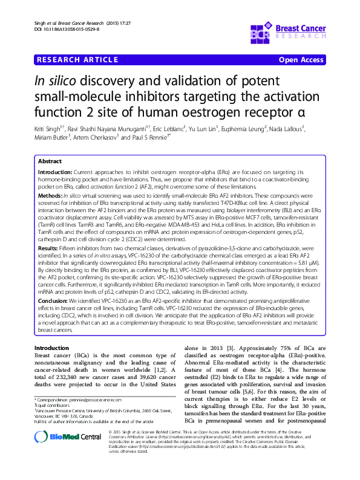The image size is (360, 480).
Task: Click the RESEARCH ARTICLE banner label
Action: (x=77, y=60)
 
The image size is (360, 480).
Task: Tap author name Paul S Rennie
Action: (x=148, y=137)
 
